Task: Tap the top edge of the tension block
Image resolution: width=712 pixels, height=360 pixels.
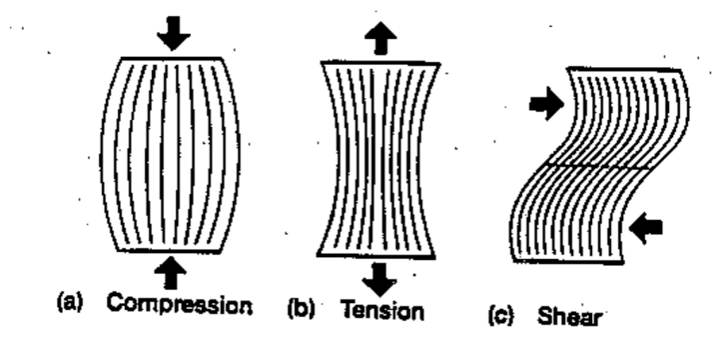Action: pos(380,62)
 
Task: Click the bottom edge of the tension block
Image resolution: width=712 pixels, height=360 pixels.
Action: pos(380,256)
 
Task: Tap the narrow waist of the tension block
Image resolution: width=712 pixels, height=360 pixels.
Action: pos(380,160)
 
